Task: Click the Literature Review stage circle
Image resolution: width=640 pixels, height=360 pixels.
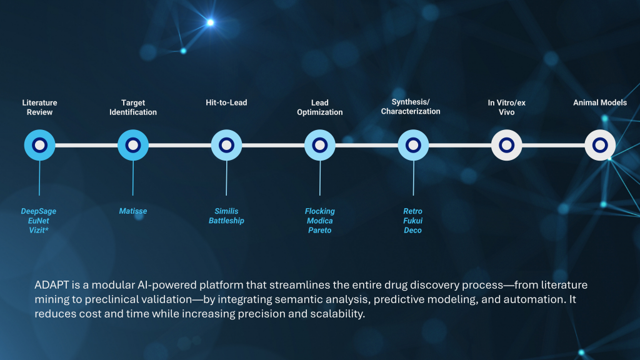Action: coord(39,145)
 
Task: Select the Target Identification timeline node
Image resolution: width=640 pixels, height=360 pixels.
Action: coord(133,145)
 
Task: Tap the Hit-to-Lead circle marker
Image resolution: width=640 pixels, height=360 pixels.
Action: coord(226,145)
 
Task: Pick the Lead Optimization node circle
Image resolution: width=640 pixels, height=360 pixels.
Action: coord(320,145)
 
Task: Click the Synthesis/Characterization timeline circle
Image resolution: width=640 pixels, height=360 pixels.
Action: coord(413,145)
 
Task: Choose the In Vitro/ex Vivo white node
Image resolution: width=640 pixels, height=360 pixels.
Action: coord(506,145)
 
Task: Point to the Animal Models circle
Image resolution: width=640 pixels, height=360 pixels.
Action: coord(600,145)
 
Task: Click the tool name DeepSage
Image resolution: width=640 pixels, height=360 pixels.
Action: coord(38,211)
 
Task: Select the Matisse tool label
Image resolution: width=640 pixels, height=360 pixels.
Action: coord(133,211)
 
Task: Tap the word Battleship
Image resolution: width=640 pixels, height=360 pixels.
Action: coord(226,221)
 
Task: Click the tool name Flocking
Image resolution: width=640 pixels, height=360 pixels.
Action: coord(319,211)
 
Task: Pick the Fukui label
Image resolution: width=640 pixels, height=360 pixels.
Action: coord(412,221)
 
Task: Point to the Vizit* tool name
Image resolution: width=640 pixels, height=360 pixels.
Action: coord(38,230)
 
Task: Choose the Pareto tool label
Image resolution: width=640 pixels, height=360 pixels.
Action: coord(319,230)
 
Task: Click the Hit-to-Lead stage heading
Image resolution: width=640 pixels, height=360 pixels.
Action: coord(226,102)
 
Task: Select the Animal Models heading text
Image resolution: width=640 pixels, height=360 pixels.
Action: coord(600,102)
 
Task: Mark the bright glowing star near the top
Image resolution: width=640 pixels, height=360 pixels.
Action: coord(210,22)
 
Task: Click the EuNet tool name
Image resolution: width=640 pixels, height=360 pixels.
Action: coord(38,221)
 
